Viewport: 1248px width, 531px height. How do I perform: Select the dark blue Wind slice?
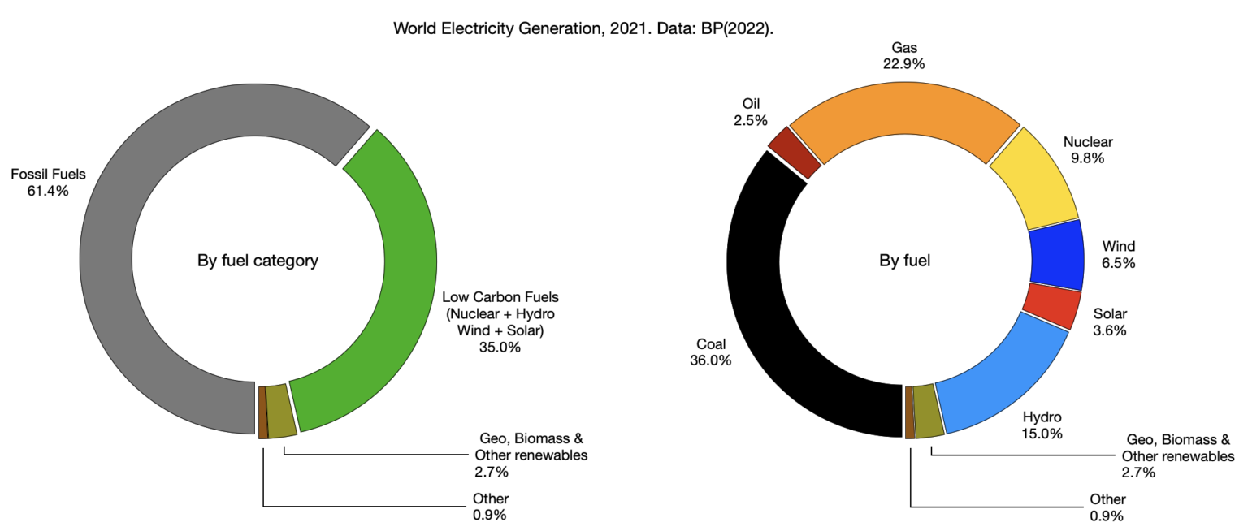(x=1056, y=254)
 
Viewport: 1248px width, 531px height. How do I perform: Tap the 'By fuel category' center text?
(x=258, y=261)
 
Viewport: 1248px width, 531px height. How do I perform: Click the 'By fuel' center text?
(x=904, y=261)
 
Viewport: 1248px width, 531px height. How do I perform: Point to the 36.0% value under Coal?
(x=710, y=360)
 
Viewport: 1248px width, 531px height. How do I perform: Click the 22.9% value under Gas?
(x=903, y=63)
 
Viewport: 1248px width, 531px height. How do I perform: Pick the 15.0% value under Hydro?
(x=1042, y=434)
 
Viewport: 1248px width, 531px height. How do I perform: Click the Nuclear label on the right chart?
(x=1088, y=141)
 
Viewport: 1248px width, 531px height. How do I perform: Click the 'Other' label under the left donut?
(x=490, y=499)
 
